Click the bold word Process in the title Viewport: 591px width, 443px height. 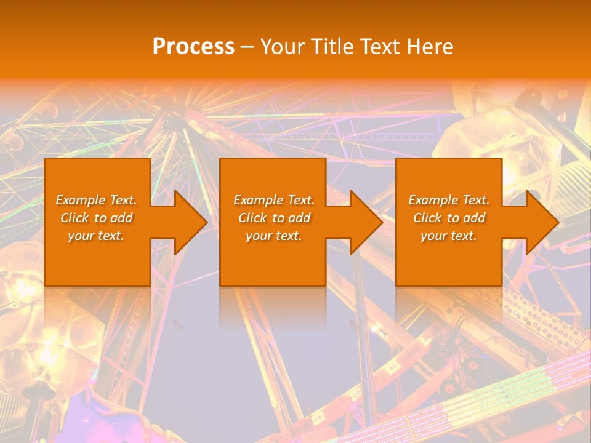[193, 47]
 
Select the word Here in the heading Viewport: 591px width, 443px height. [429, 47]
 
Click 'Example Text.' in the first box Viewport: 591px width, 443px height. [96, 200]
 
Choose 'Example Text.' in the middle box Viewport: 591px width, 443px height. [274, 200]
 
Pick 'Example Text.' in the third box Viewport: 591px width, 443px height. [449, 200]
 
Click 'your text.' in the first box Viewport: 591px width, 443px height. [96, 236]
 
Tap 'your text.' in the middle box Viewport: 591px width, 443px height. [274, 236]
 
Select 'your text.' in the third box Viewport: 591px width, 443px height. [449, 236]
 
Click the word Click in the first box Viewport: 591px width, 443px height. [74, 218]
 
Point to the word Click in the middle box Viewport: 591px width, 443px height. [252, 218]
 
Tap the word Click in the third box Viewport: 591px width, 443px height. [427, 218]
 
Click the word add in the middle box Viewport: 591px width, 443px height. [299, 218]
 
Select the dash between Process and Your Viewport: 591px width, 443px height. [246, 47]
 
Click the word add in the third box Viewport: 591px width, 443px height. [474, 218]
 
